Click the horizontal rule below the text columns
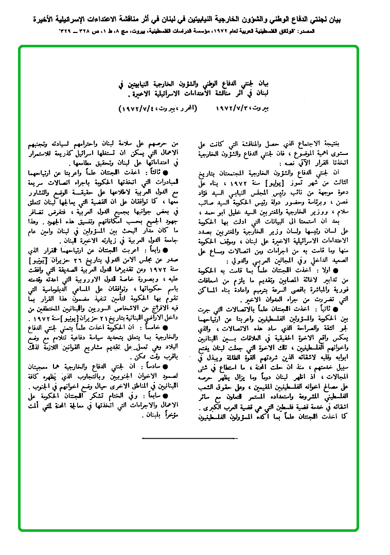point(177,437)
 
